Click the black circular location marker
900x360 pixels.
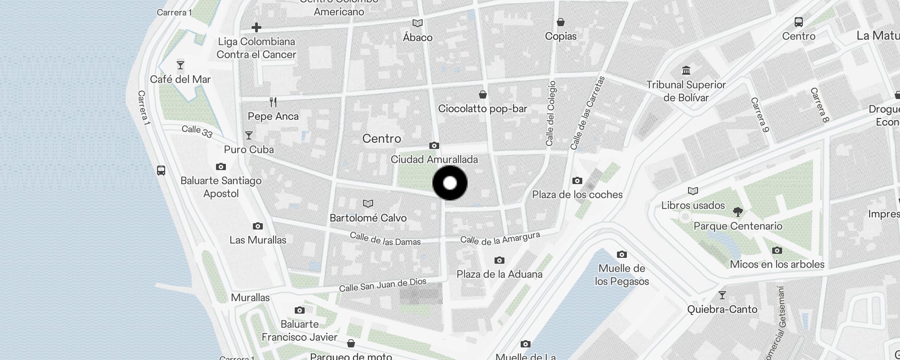(450, 183)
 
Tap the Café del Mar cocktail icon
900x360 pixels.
(180, 66)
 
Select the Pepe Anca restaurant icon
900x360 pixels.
(273, 102)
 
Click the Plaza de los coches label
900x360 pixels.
(577, 195)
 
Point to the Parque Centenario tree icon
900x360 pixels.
(738, 211)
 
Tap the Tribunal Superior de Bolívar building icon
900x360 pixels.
(686, 71)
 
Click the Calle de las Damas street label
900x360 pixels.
(385, 239)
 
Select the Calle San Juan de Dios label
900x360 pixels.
(382, 285)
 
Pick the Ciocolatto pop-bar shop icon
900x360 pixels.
(483, 94)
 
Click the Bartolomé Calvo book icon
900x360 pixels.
(368, 204)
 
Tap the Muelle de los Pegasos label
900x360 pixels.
(622, 275)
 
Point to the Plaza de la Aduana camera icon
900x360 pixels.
(499, 260)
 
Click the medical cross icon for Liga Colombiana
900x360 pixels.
(256, 27)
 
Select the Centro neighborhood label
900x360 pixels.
(382, 139)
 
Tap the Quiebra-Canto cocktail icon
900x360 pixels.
(722, 295)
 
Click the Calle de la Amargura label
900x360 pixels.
(500, 239)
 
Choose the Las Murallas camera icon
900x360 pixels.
(258, 226)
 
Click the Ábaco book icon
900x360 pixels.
(418, 23)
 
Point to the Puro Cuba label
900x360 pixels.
(249, 149)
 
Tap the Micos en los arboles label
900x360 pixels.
(777, 265)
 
